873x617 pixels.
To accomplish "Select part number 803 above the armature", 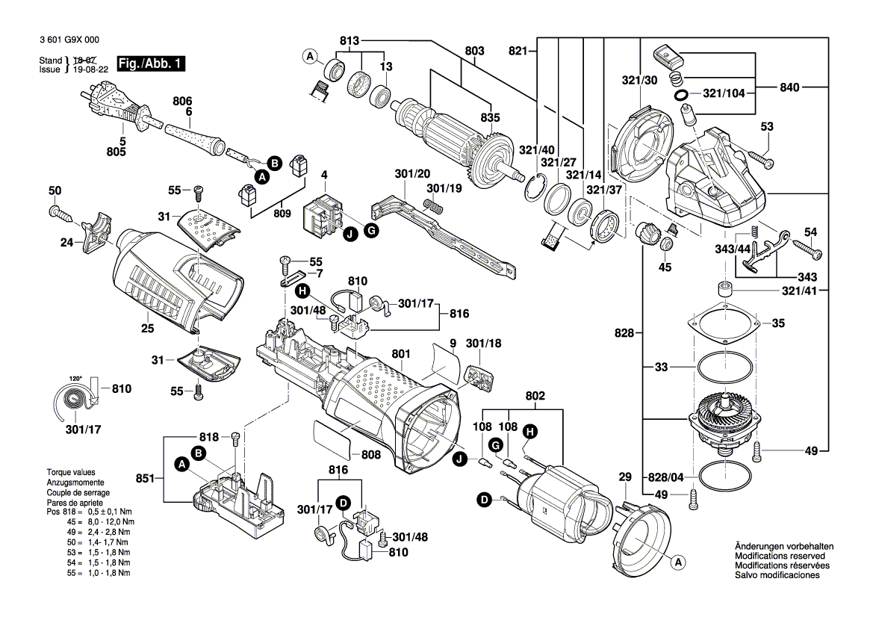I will click(474, 51).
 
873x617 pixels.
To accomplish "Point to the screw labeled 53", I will click(758, 159).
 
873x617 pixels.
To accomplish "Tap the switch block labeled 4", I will click(323, 215).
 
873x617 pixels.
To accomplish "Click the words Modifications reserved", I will click(780, 556).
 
